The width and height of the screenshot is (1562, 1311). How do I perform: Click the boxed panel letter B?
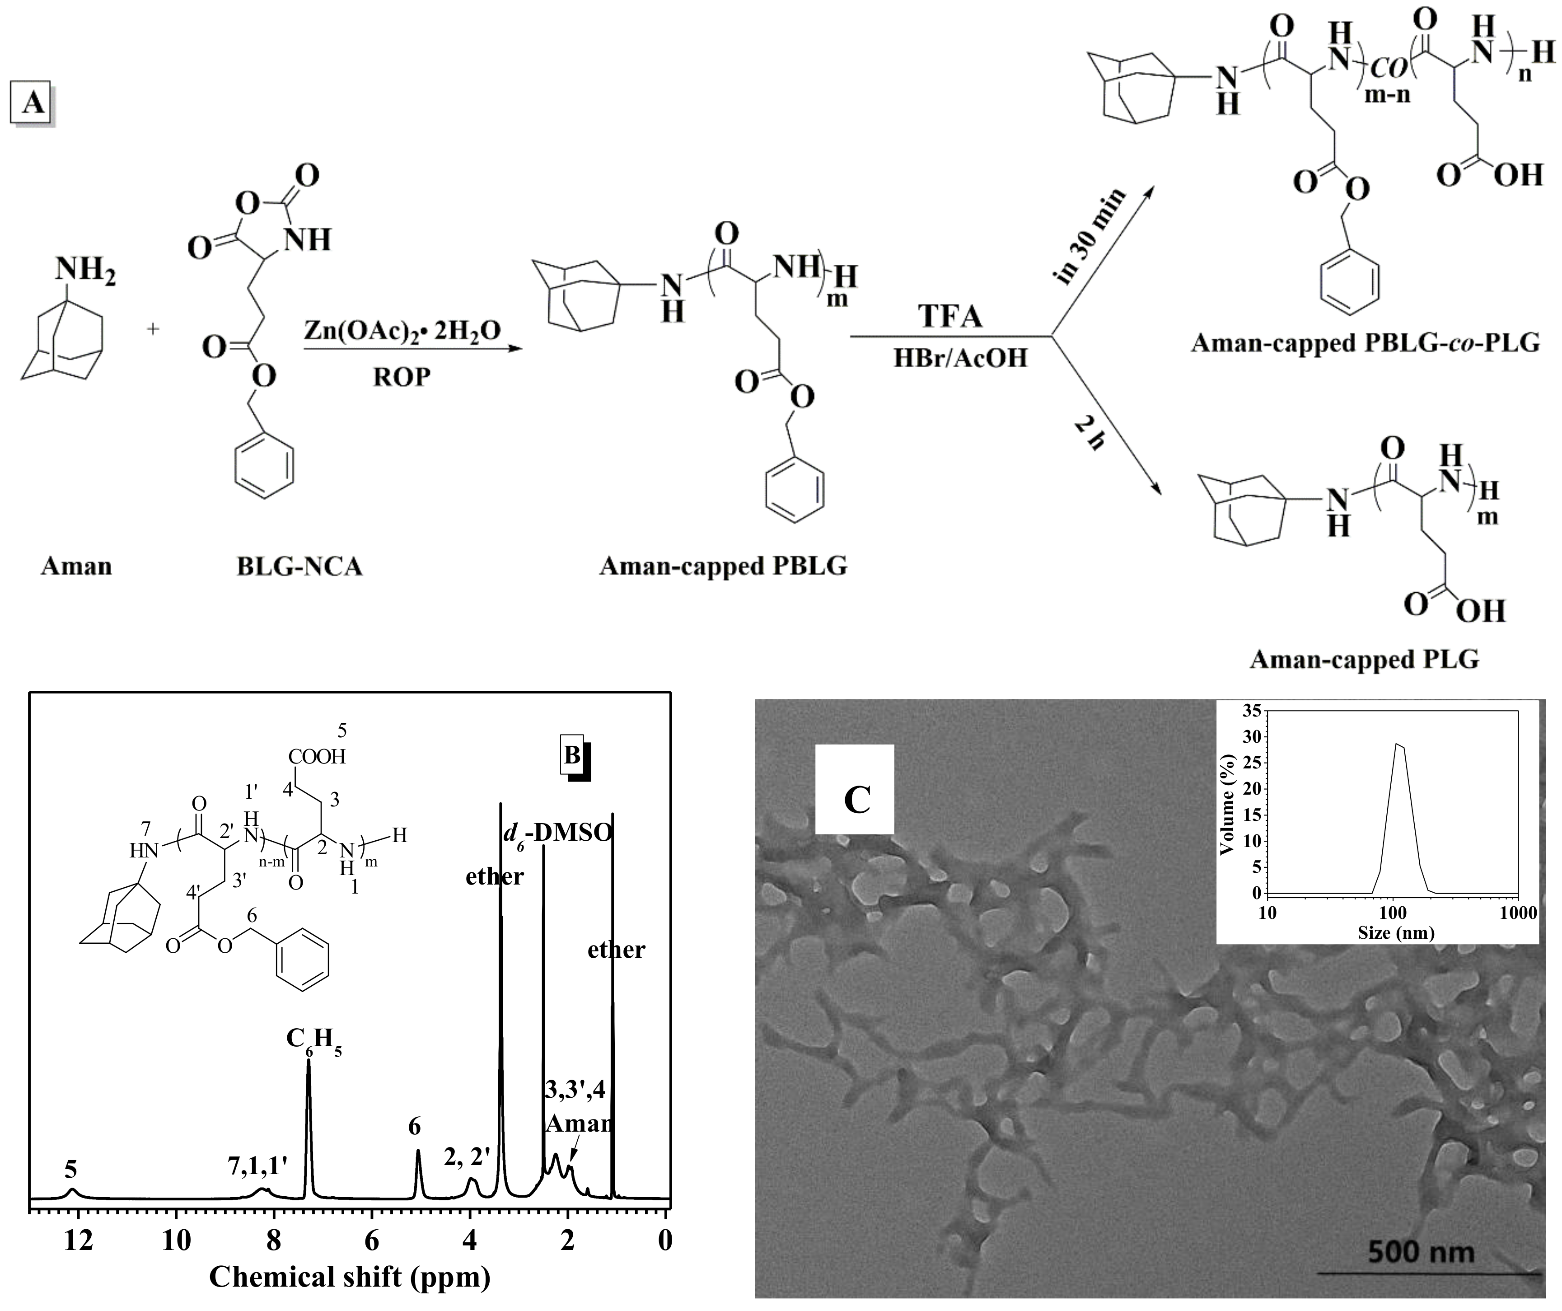[572, 755]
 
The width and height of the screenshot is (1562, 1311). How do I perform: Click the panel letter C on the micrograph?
[857, 800]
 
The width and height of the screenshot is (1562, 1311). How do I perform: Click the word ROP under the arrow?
[402, 377]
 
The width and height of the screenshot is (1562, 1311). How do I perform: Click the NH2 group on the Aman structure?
[85, 269]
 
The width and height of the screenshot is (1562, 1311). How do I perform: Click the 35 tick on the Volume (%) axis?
[1251, 711]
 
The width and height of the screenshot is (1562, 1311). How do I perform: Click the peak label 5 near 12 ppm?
[70, 1171]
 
